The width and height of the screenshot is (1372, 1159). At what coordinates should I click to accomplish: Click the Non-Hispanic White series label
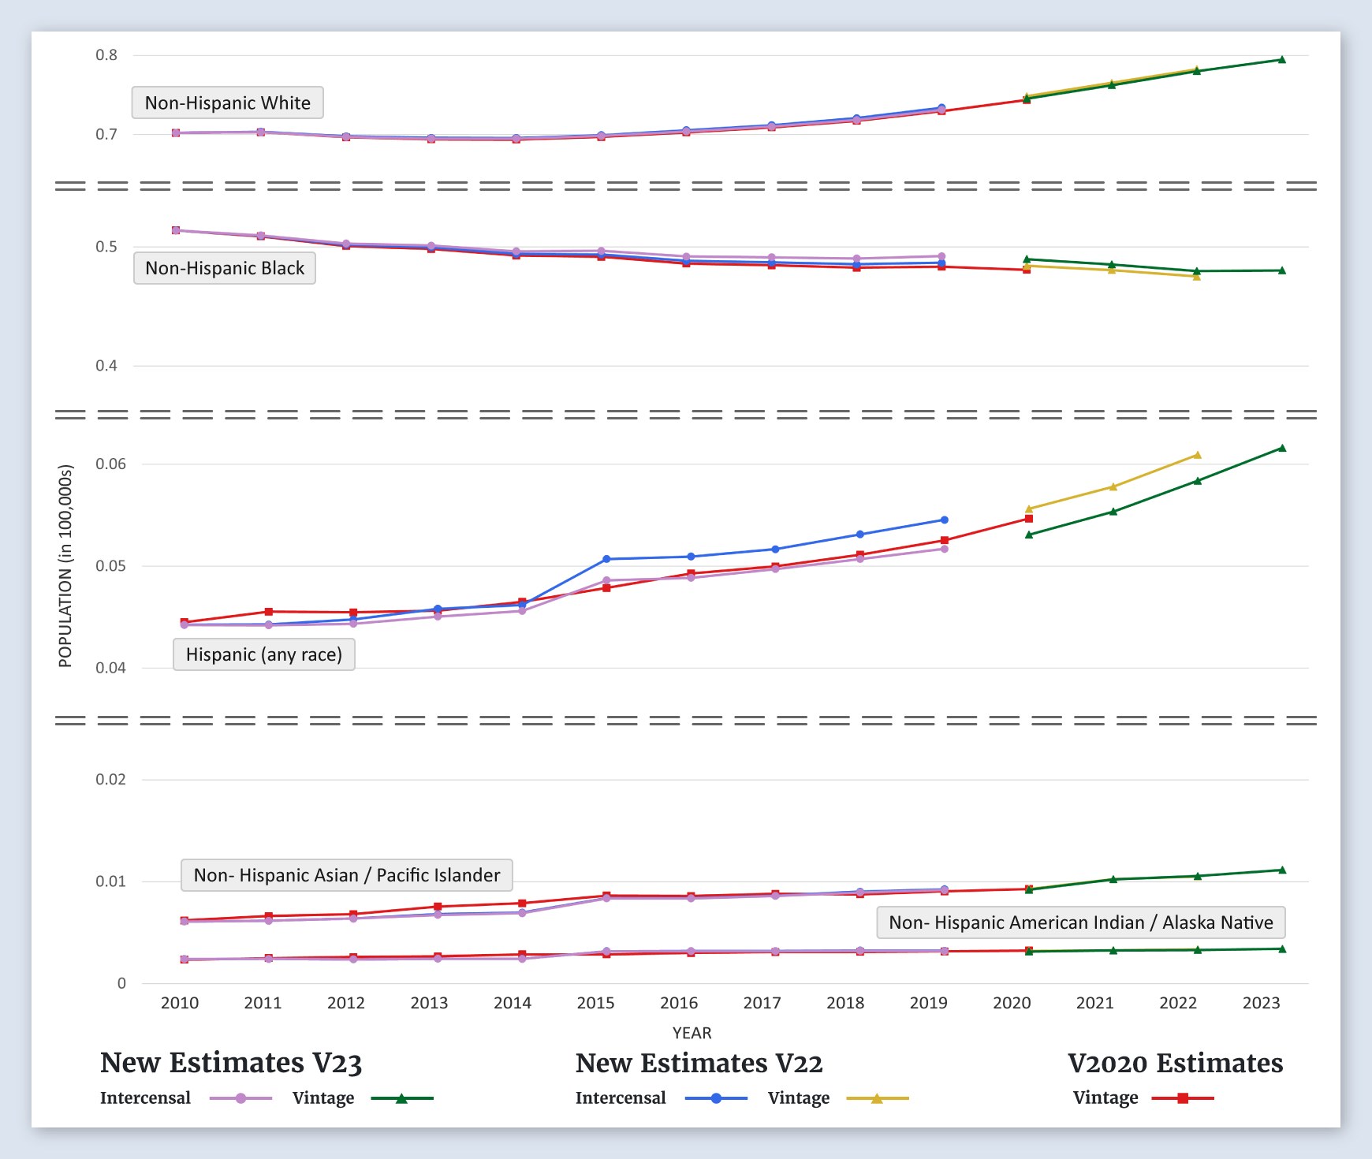pos(227,102)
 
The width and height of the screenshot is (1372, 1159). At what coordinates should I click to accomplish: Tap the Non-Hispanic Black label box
pos(225,268)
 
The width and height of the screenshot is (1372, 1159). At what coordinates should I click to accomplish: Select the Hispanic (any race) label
pos(263,654)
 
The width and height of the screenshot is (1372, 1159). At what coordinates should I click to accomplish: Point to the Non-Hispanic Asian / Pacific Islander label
pos(346,875)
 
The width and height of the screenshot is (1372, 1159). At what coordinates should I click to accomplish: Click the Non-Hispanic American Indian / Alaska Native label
pos(1080,922)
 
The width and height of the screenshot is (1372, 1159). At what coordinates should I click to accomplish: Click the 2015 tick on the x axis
pos(595,1003)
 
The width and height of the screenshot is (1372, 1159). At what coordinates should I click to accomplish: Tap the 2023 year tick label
pos(1261,1003)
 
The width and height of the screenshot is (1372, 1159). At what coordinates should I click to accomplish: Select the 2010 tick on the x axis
pos(180,1003)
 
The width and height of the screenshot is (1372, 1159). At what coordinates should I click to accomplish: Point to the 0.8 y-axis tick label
pos(106,55)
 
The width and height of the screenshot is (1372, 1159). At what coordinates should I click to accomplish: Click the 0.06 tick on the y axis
pos(110,464)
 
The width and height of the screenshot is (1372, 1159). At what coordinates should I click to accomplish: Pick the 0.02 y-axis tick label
pos(110,780)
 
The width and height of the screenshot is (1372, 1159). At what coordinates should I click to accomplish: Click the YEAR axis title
pos(692,1033)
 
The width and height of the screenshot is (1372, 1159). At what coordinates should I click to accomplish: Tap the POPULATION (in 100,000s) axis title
pos(65,566)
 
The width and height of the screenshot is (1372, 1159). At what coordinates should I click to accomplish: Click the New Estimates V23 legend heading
pos(231,1063)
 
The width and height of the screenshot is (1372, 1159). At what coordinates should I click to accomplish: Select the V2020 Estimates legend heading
pos(1175,1063)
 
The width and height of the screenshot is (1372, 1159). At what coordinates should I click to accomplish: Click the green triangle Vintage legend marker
pos(401,1098)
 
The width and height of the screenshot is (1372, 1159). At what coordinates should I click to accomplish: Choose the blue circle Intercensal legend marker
pos(716,1098)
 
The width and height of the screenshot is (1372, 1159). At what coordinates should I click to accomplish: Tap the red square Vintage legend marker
pos(1183,1098)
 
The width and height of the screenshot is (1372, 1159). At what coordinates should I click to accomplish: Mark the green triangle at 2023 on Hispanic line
pos(1282,448)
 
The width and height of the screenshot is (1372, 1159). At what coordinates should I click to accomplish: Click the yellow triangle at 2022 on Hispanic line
pos(1197,455)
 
